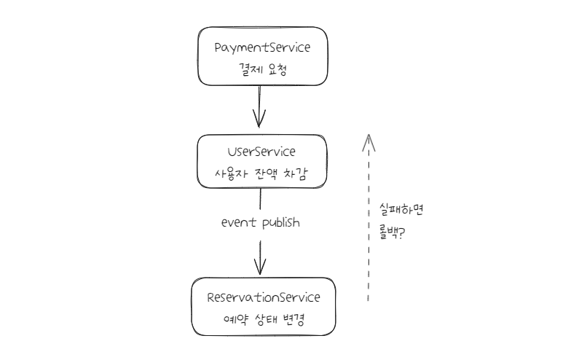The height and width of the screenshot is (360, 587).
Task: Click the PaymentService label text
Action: coord(262,47)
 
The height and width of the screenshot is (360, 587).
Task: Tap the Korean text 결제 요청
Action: coord(262,72)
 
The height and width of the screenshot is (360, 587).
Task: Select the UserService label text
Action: coord(262,152)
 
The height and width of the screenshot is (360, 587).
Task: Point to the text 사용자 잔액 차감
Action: coord(262,176)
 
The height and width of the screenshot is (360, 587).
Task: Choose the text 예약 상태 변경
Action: coord(262,321)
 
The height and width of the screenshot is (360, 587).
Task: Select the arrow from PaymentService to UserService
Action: coord(259,102)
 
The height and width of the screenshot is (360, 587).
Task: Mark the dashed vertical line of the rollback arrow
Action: coord(369,226)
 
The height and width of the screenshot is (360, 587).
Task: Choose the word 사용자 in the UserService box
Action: coord(224,176)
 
